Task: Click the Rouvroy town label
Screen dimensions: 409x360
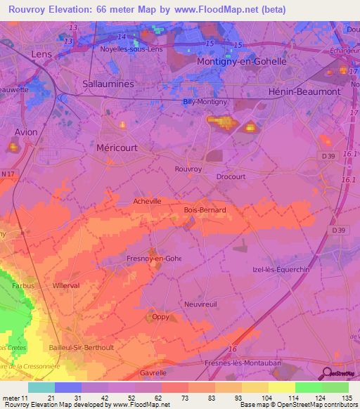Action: (188, 169)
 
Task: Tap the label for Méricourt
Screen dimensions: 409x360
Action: (116, 148)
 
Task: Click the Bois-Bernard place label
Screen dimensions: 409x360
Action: (204, 210)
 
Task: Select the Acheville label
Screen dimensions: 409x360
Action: (148, 201)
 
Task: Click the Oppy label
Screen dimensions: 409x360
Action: (161, 316)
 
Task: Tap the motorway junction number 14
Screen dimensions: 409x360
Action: (122, 37)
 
